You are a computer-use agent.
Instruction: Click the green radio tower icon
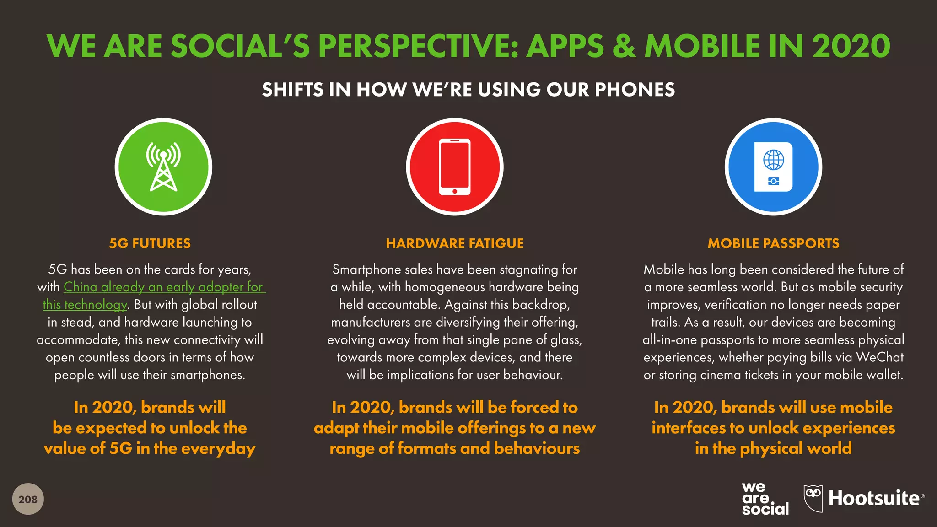pyautogui.click(x=163, y=167)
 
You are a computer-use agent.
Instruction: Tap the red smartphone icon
pyautogui.click(x=454, y=167)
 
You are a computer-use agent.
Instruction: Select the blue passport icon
pyautogui.click(x=773, y=167)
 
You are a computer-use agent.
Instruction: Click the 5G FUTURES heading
pyautogui.click(x=150, y=243)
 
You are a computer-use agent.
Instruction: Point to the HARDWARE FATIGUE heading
pyautogui.click(x=455, y=243)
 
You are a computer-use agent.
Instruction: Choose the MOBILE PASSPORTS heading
pyautogui.click(x=773, y=243)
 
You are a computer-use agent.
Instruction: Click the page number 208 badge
pyautogui.click(x=28, y=499)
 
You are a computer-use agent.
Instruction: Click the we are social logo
pyautogui.click(x=765, y=499)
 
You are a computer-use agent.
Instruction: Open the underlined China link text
pyautogui.click(x=80, y=287)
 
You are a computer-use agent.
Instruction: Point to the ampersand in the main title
pyautogui.click(x=624, y=46)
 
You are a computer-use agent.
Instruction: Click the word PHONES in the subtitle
pyautogui.click(x=635, y=90)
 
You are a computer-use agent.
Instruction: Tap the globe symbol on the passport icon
pyautogui.click(x=773, y=160)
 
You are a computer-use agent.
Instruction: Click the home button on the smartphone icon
pyautogui.click(x=454, y=191)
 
